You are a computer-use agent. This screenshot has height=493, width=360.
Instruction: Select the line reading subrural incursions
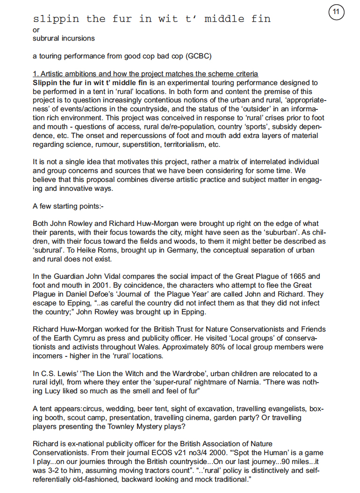[64, 38]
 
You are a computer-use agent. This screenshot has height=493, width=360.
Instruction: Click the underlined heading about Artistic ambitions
[145, 74]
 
